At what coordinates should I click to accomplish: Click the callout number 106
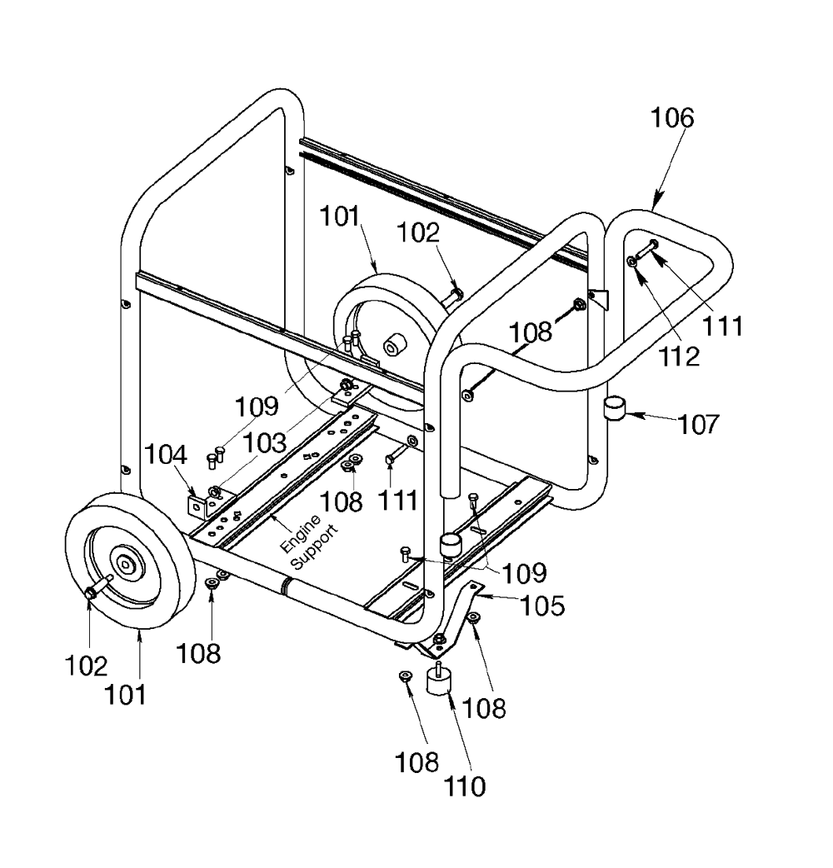[671, 118]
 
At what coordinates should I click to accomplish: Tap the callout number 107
[699, 425]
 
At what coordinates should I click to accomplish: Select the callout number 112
[679, 357]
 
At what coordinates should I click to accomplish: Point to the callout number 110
[465, 786]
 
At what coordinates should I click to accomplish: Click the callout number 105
[543, 606]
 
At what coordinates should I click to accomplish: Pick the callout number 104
[166, 455]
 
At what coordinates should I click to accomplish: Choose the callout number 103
[265, 443]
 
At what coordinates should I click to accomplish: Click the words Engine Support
[309, 542]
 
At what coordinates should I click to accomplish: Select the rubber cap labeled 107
[613, 409]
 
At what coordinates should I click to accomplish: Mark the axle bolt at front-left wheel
[98, 586]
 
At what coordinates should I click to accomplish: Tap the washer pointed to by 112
[631, 261]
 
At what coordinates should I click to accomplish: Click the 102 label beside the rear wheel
[418, 233]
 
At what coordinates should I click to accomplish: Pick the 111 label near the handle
[722, 326]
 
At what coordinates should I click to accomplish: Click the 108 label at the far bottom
[416, 763]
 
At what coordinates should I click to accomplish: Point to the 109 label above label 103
[257, 407]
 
